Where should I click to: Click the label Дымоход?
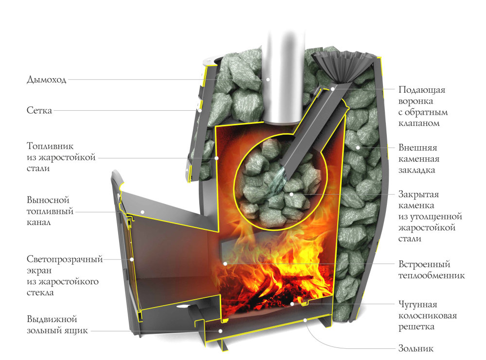click(x=46, y=80)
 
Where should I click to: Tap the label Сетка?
click(x=39, y=111)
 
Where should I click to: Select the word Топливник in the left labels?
click(x=50, y=146)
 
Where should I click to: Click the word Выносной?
click(x=48, y=200)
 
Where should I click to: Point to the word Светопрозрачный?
click(x=65, y=259)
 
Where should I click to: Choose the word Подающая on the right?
click(x=422, y=90)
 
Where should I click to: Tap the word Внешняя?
click(x=418, y=148)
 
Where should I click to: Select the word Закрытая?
click(x=418, y=195)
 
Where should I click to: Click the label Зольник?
click(x=416, y=348)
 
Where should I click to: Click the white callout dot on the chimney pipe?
click(x=268, y=79)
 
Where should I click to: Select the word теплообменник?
click(x=432, y=275)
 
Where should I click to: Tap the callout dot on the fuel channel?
click(x=143, y=211)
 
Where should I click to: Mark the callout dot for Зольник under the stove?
click(x=305, y=320)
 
